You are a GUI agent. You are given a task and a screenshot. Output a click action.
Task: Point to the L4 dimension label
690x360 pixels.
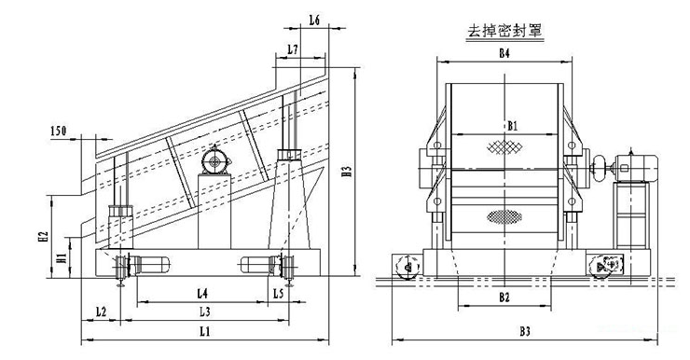pyautogui.click(x=204, y=294)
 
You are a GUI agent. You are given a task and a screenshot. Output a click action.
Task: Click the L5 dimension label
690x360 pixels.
pyautogui.click(x=278, y=294)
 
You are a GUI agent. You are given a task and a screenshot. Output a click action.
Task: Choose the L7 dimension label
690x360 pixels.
pyautogui.click(x=292, y=48)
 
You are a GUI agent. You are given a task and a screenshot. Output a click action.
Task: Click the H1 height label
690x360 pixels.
pyautogui.click(x=61, y=257)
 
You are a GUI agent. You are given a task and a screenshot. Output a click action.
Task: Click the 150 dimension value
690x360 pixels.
pyautogui.click(x=59, y=132)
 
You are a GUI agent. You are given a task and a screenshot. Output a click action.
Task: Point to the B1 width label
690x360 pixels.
pyautogui.click(x=512, y=125)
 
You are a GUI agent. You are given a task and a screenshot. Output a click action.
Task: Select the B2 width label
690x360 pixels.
pyautogui.click(x=504, y=298)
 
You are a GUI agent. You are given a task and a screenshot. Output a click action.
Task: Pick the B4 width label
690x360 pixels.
pyautogui.click(x=504, y=54)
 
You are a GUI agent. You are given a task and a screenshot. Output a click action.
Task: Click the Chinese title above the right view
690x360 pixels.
pyautogui.click(x=504, y=31)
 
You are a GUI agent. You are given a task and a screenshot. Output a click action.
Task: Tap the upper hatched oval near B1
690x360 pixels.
pyautogui.click(x=504, y=146)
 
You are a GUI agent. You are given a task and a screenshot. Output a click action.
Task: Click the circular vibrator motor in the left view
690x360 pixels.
pyautogui.click(x=217, y=162)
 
